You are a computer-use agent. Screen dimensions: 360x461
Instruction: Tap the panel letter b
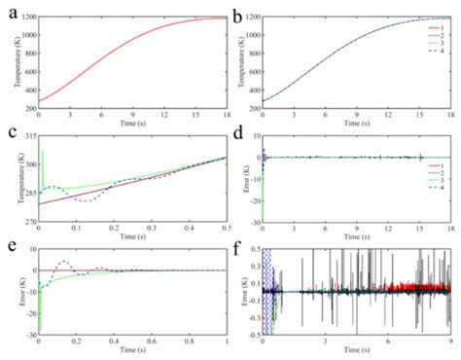pyautogui.click(x=239, y=11)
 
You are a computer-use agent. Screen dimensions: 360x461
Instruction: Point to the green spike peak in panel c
pyautogui.click(x=43, y=151)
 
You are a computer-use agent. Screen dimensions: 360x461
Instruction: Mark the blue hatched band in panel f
pyautogui.click(x=269, y=292)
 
